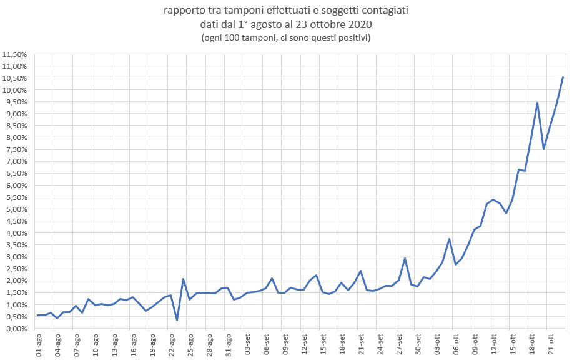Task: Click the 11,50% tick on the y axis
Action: pos(14,54)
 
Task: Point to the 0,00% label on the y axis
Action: pos(14,329)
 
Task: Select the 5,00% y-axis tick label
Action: pos(14,209)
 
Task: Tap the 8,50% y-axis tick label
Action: pos(14,126)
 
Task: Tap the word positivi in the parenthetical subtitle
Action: pos(353,38)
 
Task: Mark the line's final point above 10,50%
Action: pos(563,77)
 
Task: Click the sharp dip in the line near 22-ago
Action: pos(177,320)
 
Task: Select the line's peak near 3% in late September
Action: pos(405,258)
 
